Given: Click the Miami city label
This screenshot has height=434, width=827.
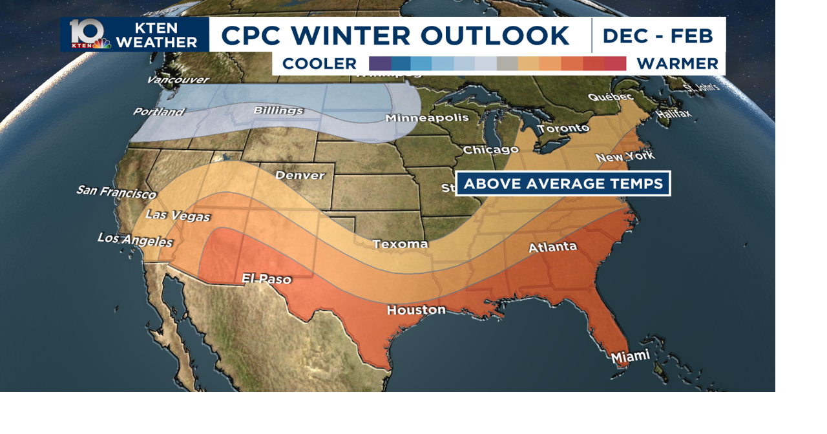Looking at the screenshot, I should [631, 356].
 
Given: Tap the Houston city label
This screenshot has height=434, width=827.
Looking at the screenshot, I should [416, 310].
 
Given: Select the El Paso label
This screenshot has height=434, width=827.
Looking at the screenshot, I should [266, 279].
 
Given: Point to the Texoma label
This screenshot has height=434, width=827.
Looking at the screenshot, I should [400, 243].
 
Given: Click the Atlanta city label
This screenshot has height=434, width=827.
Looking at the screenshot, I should [552, 247].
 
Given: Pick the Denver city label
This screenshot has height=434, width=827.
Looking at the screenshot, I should [300, 175].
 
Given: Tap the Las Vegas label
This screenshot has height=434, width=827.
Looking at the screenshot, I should [178, 215].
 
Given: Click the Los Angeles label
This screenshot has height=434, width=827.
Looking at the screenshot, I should [135, 240].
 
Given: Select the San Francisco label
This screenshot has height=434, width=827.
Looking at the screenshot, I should [116, 192].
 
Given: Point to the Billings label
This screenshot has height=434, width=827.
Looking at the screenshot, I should [278, 110].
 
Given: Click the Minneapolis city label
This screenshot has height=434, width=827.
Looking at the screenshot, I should [427, 118].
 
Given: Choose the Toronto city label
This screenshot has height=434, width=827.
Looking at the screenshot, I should [563, 129].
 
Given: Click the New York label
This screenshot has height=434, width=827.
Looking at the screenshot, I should [625, 157].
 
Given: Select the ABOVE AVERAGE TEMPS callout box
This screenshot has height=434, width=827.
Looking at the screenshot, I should [563, 183].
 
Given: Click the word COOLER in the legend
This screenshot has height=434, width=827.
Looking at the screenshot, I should [319, 64].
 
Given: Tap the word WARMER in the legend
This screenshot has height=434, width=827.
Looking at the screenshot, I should [677, 64].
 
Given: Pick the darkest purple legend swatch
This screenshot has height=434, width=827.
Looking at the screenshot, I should [379, 63].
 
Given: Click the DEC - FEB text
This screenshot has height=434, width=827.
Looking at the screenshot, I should [658, 36].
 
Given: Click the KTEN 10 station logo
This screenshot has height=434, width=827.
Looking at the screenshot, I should [89, 34].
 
